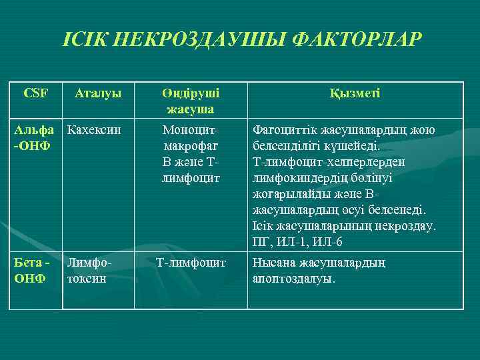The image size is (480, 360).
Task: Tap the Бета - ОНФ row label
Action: [x=31, y=270]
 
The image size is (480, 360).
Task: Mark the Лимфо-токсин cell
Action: [x=91, y=270]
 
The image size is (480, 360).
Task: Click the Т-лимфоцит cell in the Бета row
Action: [x=191, y=263]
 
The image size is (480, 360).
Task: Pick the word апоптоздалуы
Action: [x=293, y=279]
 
